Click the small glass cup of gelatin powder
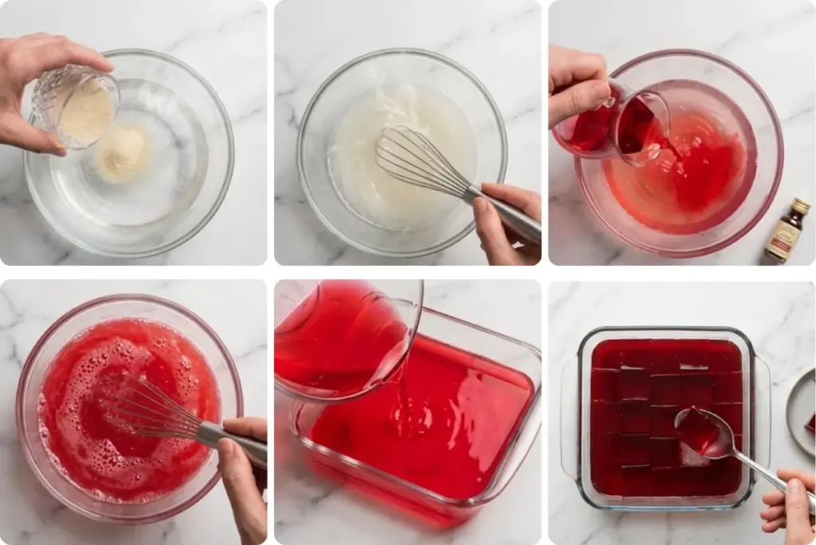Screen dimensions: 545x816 (80, 107)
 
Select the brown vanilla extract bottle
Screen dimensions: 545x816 (787, 231)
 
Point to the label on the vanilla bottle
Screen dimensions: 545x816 (784, 237)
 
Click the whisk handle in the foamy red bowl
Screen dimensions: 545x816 (231, 442)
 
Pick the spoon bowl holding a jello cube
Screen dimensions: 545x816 (700, 431)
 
